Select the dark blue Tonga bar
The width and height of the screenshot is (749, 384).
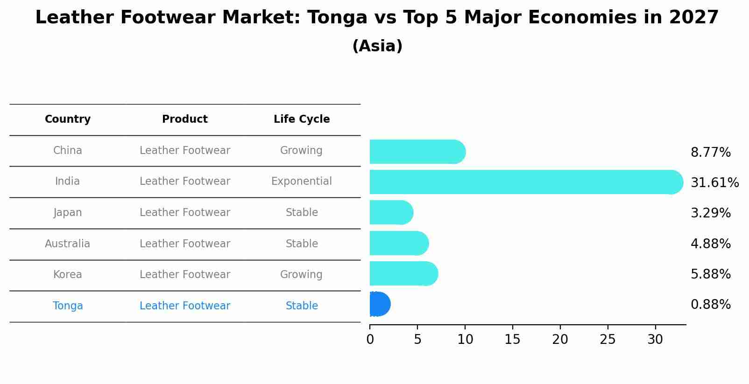click(380, 304)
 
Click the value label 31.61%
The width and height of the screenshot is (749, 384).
click(714, 182)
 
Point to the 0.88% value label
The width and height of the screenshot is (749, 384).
click(710, 305)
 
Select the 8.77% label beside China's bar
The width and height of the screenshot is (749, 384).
click(710, 153)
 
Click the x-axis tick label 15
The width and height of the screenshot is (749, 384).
click(512, 340)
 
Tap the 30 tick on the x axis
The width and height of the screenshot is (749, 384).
click(655, 340)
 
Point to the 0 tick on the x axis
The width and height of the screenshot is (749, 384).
click(370, 340)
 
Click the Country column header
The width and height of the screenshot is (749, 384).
click(68, 119)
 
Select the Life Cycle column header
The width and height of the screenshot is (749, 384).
click(302, 119)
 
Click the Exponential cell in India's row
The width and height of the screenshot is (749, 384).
click(302, 182)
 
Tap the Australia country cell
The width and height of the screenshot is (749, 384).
click(68, 244)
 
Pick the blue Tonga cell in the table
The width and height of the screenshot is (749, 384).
click(68, 306)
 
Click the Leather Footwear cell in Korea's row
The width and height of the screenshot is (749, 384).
click(185, 275)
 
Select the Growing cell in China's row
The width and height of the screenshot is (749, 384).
click(301, 151)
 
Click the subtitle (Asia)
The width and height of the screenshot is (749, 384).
click(377, 46)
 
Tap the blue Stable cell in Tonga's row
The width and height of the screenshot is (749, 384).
click(302, 306)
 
